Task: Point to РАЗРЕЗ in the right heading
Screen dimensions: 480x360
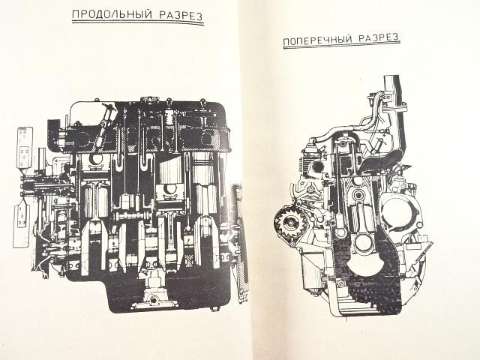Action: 379,38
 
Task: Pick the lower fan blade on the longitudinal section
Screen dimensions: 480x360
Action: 20,223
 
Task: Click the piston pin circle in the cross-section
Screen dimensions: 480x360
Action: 358,194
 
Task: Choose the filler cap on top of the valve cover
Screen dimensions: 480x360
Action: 150,100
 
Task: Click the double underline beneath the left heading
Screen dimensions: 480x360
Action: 138,22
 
